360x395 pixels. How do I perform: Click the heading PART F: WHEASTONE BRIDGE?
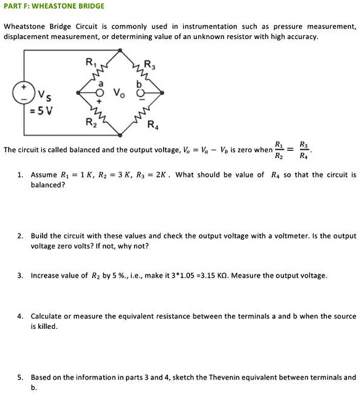(54, 6)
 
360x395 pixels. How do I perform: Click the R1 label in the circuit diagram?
(90, 61)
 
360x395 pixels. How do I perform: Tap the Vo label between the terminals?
(118, 93)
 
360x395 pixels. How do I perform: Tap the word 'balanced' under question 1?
(48, 185)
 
